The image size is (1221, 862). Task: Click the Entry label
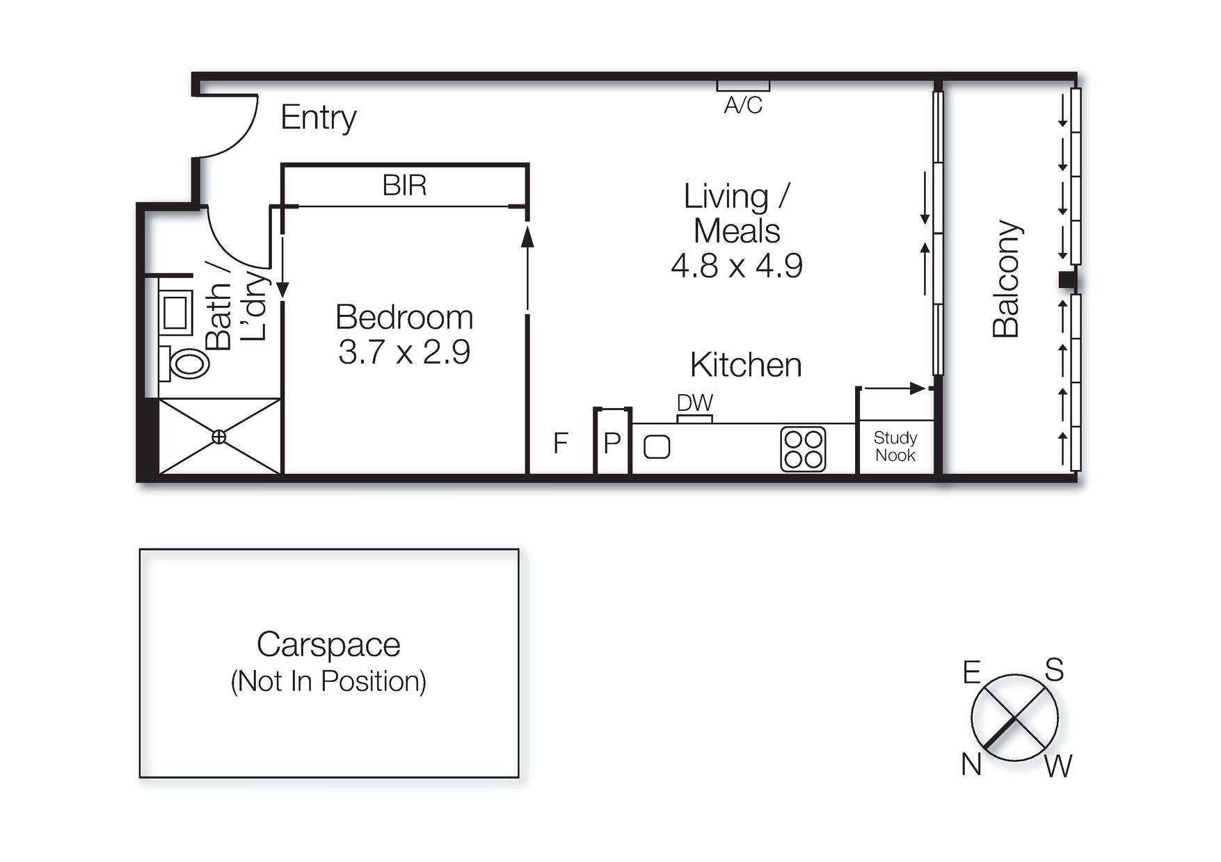[318, 117]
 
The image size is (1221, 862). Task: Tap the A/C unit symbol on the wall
[743, 86]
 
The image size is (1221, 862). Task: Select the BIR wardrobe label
[404, 186]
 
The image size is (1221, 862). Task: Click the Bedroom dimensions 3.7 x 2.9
[404, 352]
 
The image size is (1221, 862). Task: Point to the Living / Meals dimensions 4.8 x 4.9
[736, 266]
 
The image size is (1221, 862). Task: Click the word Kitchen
[745, 365]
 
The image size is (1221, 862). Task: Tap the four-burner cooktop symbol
[803, 449]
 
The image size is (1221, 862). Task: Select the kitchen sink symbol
[657, 447]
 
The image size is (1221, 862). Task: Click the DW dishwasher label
[694, 403]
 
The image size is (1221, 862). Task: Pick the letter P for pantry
[612, 443]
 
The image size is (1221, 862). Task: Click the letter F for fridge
[561, 443]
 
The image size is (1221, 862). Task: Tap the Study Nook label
[895, 446]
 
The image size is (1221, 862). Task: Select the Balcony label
[1006, 279]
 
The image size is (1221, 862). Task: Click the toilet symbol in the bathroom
[186, 363]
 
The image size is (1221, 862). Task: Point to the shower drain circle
[218, 437]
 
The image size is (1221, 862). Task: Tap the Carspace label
[328, 644]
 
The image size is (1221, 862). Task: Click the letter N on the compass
[971, 765]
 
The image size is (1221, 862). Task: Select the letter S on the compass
[1055, 670]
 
